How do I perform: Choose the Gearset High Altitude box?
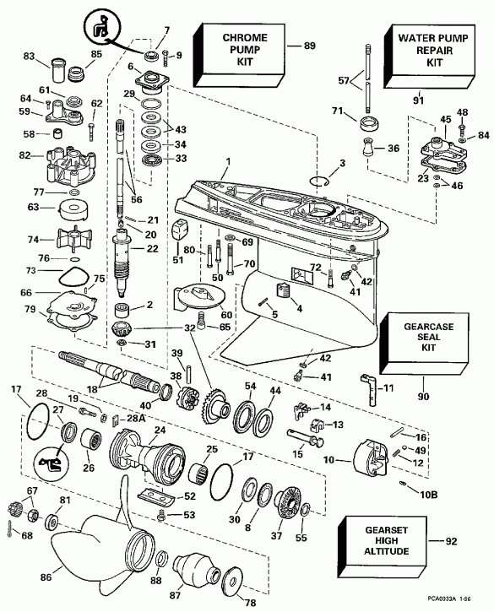383,540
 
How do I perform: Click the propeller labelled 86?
92,551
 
